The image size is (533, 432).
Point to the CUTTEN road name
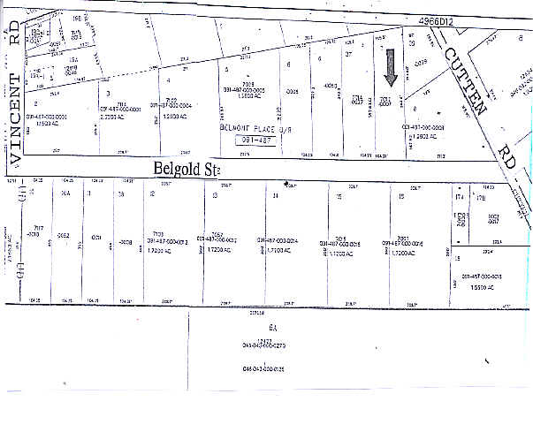465,83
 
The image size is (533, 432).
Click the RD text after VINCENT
13,34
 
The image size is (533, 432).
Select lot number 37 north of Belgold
349,55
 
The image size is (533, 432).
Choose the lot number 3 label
108,92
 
